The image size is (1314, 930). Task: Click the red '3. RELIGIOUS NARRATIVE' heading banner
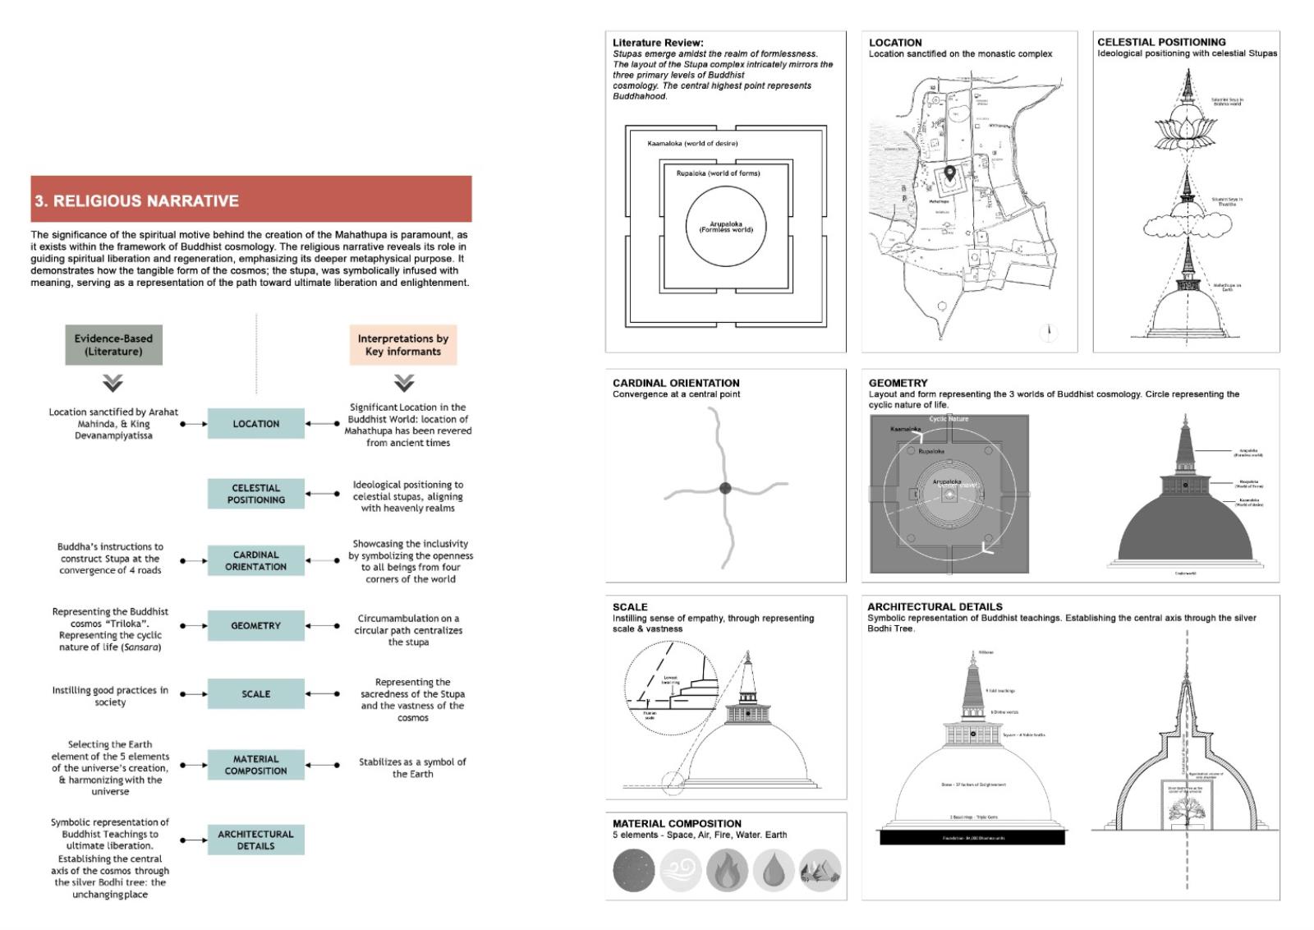(x=250, y=200)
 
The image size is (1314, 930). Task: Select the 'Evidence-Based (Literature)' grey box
(x=113, y=345)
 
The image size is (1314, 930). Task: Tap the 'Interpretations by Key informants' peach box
(x=402, y=345)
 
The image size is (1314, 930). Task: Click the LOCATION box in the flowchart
(x=255, y=424)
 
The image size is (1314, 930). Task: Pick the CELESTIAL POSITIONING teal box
(x=255, y=494)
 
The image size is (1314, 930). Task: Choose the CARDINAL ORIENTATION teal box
(x=255, y=561)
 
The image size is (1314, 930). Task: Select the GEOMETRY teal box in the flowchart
(x=255, y=626)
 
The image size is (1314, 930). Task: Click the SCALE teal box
(x=255, y=694)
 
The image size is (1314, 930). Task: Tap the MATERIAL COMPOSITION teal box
(x=255, y=765)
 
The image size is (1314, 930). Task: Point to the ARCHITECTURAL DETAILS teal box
(x=255, y=840)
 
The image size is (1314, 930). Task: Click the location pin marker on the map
(x=949, y=173)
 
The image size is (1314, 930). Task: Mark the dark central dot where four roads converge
(x=725, y=488)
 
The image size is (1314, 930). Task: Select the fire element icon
(x=727, y=871)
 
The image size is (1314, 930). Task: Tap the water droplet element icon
(x=773, y=871)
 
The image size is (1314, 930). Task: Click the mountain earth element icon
(x=819, y=871)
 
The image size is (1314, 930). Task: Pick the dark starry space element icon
(x=634, y=871)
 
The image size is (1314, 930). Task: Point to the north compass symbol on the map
(x=1049, y=332)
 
